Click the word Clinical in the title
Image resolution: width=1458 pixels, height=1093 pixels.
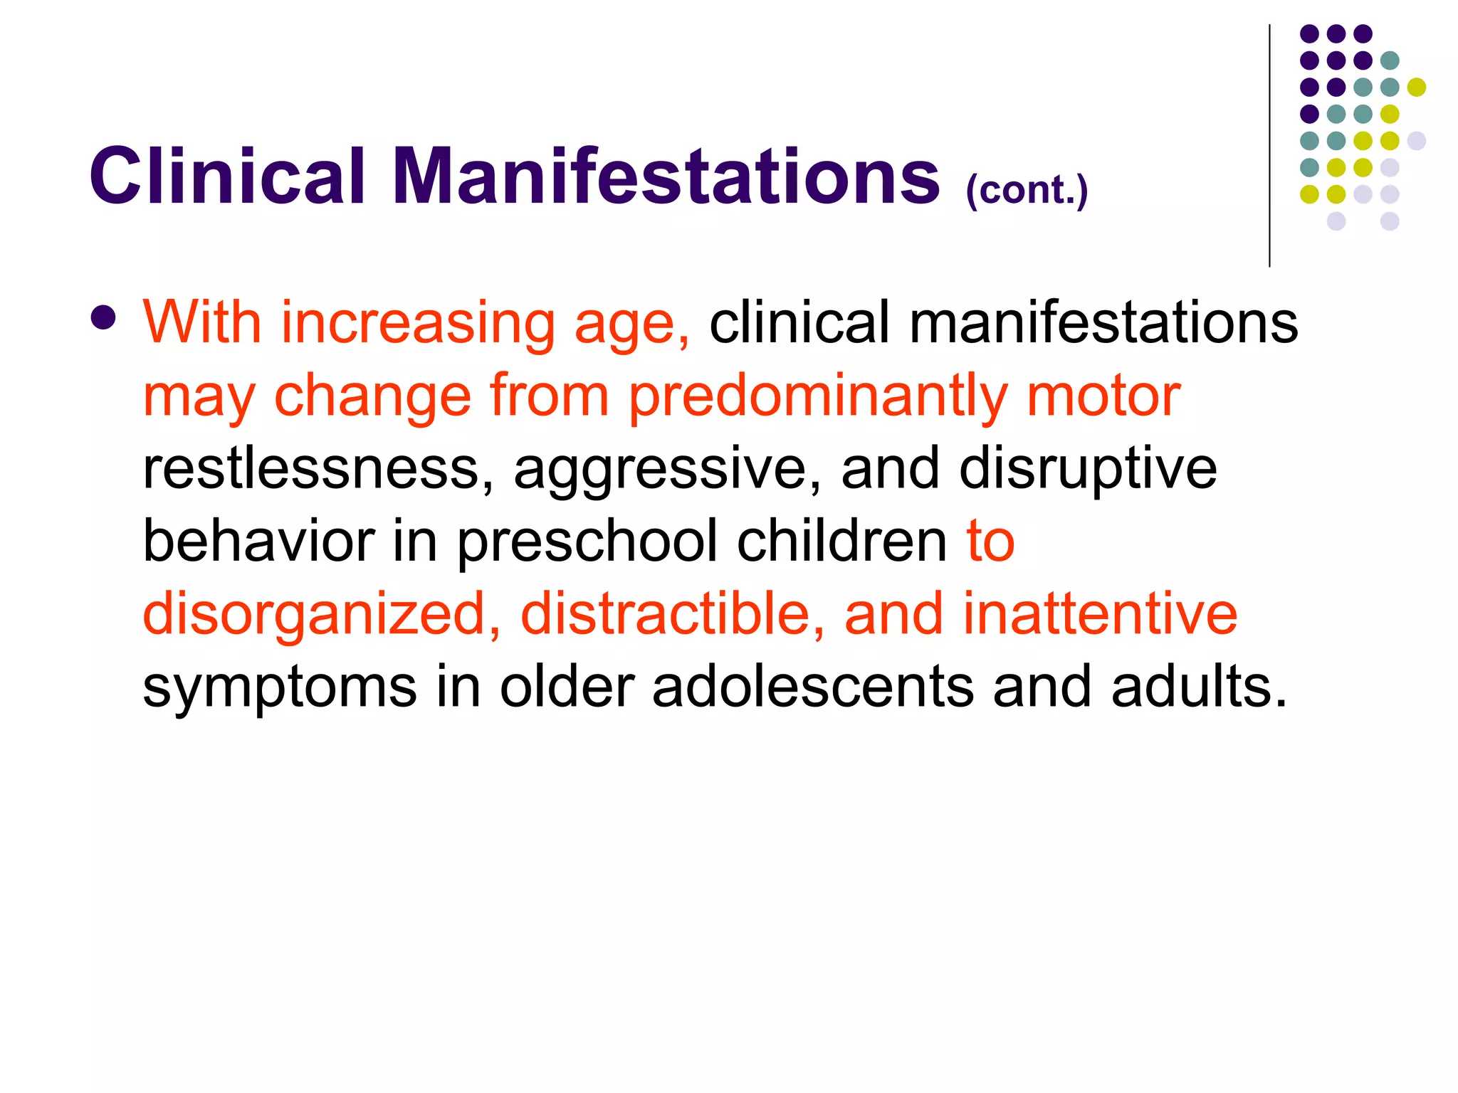226,176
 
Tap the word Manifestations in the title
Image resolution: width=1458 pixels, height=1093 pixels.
666,176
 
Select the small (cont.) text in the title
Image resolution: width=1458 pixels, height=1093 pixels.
1027,191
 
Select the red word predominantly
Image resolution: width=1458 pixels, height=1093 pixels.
817,397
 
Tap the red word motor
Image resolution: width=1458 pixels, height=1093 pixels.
1103,396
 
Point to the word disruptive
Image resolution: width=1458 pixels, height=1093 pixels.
1087,470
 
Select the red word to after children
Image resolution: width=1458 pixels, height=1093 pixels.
990,541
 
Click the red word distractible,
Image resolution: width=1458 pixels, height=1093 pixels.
673,613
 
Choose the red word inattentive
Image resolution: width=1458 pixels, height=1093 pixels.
1100,613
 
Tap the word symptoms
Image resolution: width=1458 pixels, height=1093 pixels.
279,689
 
